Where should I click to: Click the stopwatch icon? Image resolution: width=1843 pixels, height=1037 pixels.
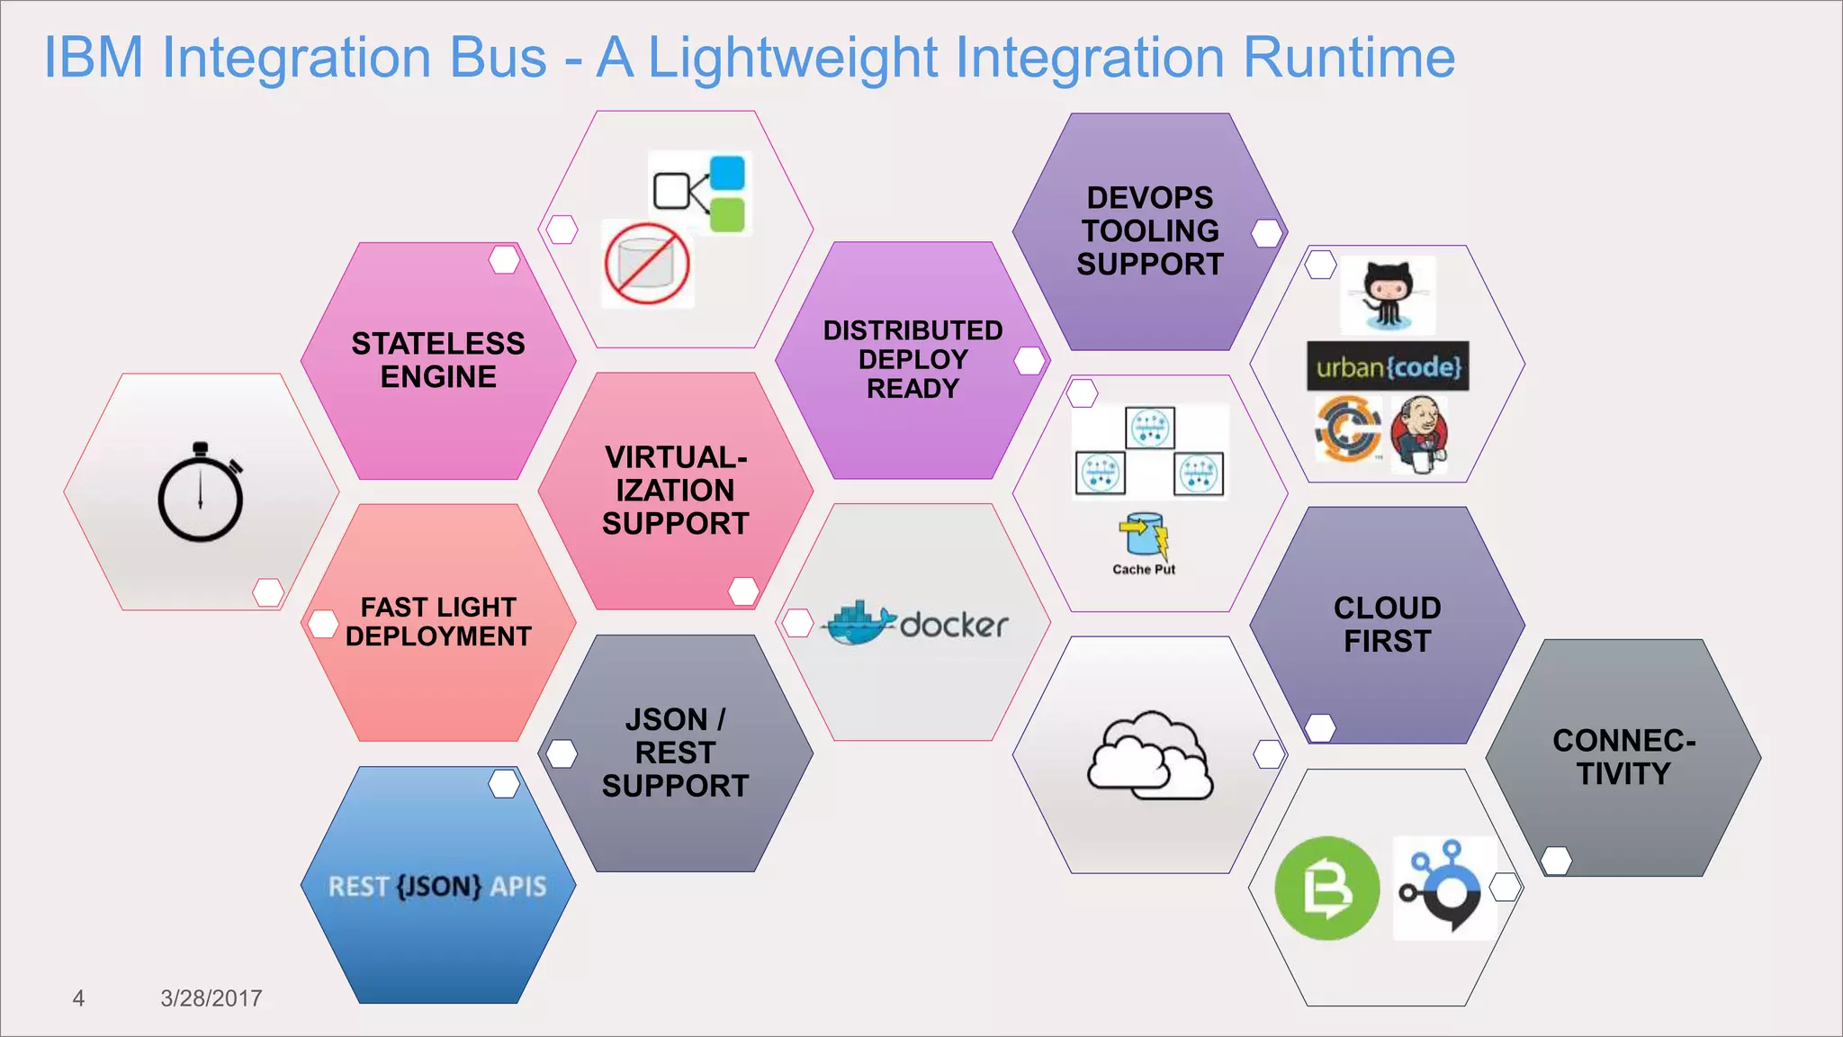coord(201,492)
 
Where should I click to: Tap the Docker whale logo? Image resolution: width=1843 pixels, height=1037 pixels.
coord(859,623)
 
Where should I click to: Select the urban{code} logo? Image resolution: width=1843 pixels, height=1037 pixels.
coord(1388,366)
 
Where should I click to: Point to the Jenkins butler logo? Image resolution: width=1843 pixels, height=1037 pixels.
coord(1420,434)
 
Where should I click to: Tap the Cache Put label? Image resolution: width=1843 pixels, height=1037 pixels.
coord(1144,569)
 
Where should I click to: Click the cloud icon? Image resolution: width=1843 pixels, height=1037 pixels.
coord(1149,756)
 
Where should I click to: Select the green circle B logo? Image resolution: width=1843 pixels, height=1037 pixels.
coord(1326,888)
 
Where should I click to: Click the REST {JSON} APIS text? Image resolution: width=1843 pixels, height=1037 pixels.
coord(437,887)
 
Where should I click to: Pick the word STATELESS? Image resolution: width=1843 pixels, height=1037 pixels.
coord(438,344)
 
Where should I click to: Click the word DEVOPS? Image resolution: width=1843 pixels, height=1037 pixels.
coord(1150,198)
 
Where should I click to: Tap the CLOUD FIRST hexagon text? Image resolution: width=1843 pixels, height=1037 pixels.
coord(1387,625)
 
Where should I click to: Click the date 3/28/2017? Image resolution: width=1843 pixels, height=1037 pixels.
coord(211,997)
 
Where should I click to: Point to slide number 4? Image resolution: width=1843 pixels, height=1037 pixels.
coord(78,997)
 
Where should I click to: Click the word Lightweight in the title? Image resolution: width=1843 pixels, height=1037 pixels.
coord(793,58)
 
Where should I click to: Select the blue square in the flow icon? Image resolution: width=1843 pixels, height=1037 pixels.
coord(727,173)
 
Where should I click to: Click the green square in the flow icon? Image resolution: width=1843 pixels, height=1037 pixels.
coord(727,215)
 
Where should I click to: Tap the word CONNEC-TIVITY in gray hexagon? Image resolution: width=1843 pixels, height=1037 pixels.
coord(1623,757)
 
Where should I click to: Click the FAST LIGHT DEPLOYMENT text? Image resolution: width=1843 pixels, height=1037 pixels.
coord(438,621)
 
